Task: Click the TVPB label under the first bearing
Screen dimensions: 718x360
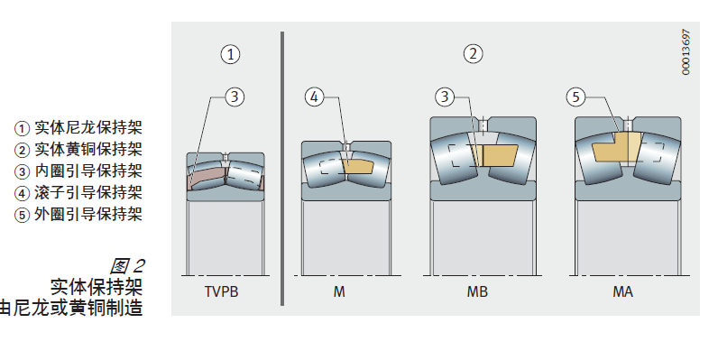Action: tap(222, 291)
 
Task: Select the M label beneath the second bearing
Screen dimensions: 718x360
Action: tap(339, 291)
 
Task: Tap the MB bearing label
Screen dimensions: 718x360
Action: tap(477, 291)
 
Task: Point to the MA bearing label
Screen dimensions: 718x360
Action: tap(622, 291)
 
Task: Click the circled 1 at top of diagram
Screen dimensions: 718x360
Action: tap(230, 54)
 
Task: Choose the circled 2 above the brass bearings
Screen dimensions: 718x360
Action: tap(473, 53)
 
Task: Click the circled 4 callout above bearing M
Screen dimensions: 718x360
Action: tap(314, 97)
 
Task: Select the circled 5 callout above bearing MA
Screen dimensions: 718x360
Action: tap(575, 97)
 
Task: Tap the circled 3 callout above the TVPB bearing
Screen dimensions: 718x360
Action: tap(235, 97)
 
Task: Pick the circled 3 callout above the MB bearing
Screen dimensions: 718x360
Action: tap(444, 97)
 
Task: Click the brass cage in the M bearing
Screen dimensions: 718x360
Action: tap(358, 166)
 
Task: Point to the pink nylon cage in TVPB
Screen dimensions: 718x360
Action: tap(207, 177)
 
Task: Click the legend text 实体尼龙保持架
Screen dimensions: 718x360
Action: tap(88, 127)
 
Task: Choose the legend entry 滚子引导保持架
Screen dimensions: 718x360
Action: tap(88, 192)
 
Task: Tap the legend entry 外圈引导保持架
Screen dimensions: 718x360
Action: tap(88, 214)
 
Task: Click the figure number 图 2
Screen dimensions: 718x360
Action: tap(127, 266)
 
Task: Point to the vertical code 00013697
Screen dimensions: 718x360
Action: tap(686, 51)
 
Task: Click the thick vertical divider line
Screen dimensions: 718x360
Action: tap(282, 169)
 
